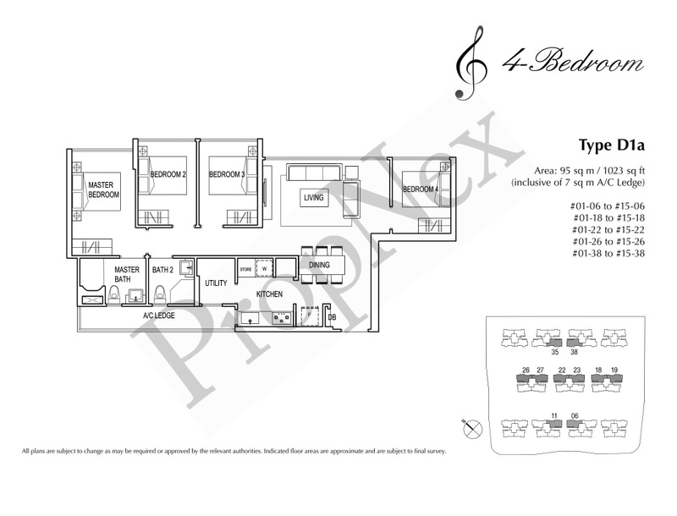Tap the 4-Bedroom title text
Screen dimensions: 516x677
pos(566,64)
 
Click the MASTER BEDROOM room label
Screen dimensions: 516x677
pos(103,189)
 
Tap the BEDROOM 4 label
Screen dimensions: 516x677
pos(421,188)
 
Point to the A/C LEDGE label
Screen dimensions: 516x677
pos(159,316)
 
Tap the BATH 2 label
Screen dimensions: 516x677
pos(162,270)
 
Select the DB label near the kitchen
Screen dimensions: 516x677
pos(332,317)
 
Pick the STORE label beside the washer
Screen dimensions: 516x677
pos(245,270)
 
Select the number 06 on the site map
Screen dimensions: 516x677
pos(576,414)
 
